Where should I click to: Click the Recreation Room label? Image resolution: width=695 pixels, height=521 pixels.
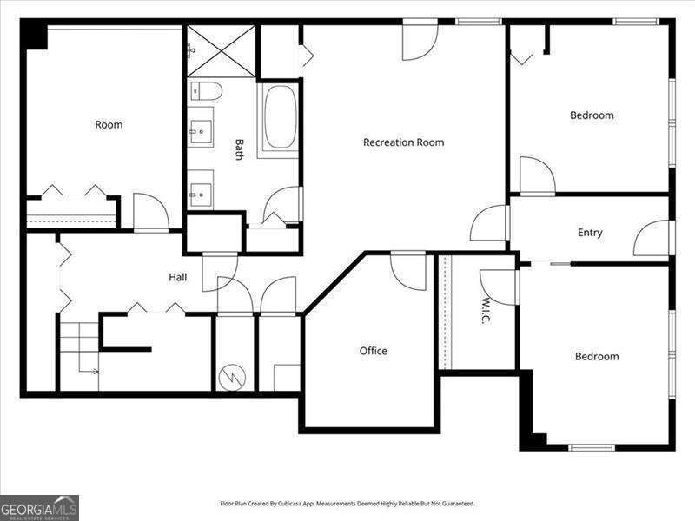[x=403, y=142]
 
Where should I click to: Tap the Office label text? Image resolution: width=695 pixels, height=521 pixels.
[x=374, y=351]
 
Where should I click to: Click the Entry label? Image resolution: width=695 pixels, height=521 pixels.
[x=590, y=233]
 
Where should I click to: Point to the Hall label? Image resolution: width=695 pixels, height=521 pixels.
[x=178, y=277]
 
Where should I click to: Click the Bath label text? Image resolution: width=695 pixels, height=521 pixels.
[x=239, y=150]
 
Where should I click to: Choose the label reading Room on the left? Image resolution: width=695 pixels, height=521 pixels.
[x=109, y=125]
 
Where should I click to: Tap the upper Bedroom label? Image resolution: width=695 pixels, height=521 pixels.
[x=592, y=115]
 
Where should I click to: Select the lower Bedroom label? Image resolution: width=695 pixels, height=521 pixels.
[x=597, y=356]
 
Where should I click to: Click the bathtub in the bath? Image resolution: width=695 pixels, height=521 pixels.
[x=280, y=120]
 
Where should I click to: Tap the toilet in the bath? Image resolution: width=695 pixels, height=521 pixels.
[x=206, y=90]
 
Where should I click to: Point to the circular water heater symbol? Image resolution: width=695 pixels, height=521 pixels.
[x=234, y=376]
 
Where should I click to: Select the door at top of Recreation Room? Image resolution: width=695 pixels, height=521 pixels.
[x=420, y=42]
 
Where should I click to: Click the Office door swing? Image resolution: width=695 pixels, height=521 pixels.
[x=408, y=269]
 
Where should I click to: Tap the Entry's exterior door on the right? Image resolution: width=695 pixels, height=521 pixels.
[x=652, y=238]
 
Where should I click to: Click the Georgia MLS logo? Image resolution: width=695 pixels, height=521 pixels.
[x=39, y=507]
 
